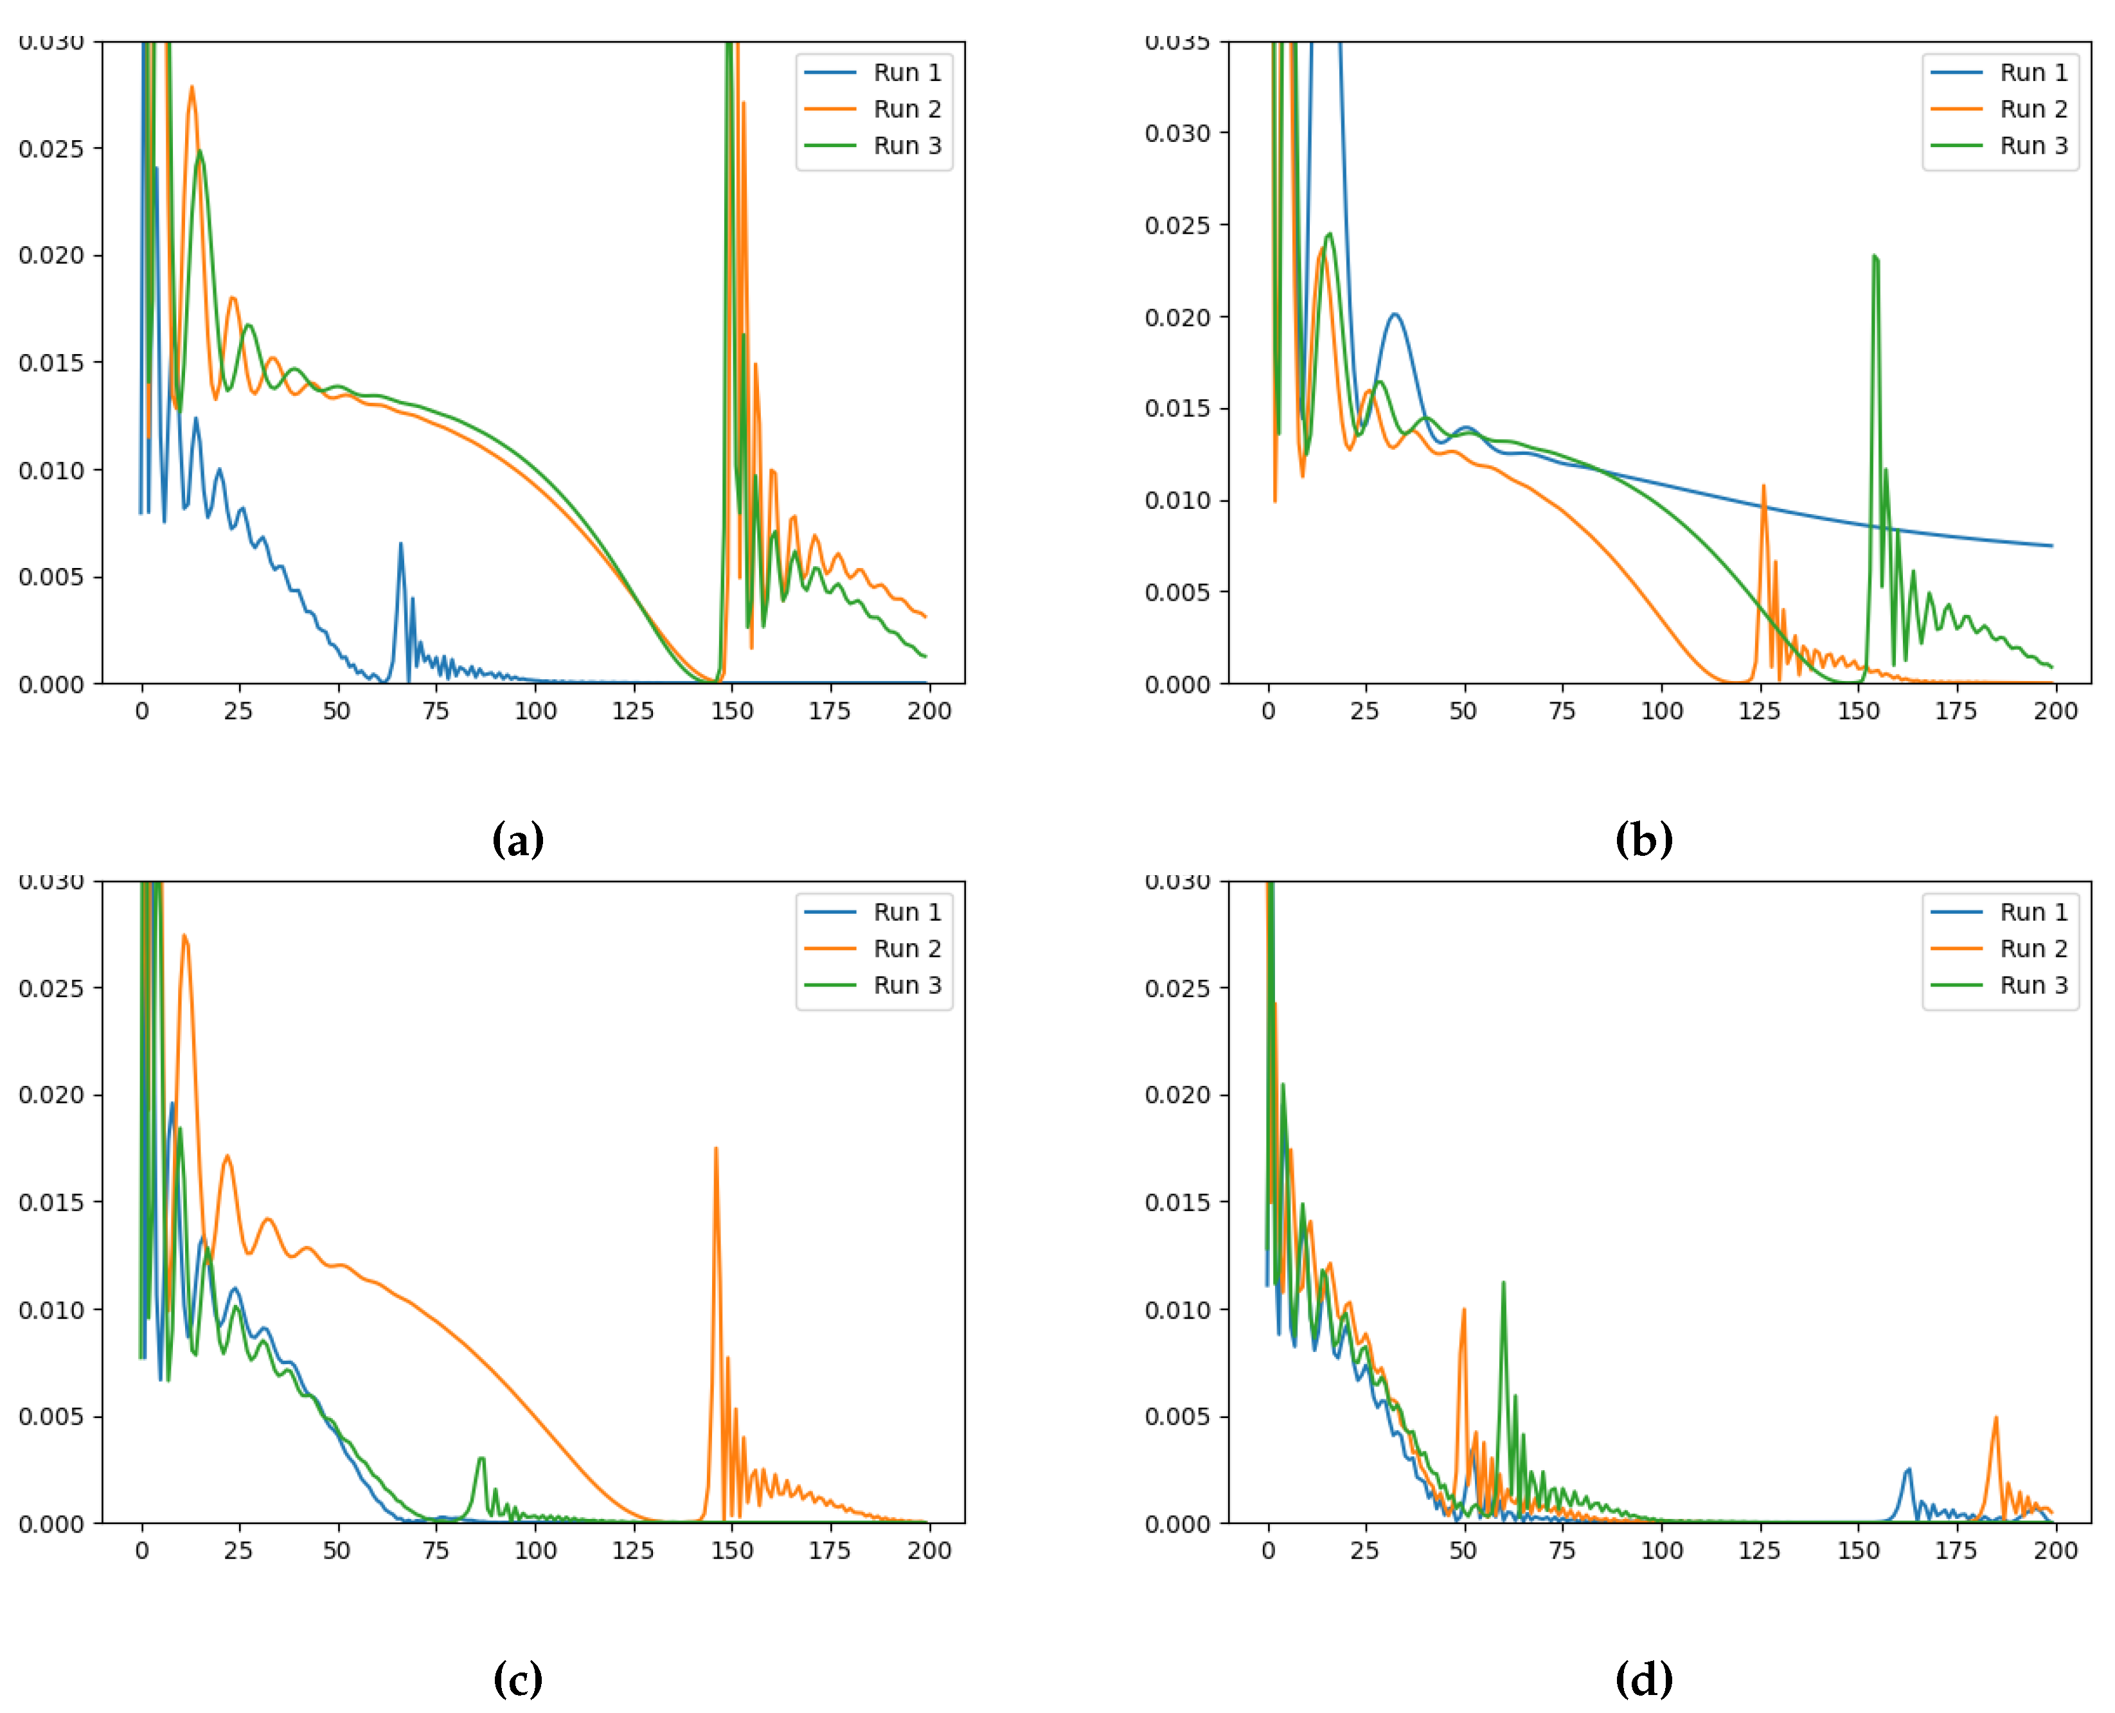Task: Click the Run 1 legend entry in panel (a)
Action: (906, 72)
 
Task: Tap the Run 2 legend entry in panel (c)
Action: (906, 948)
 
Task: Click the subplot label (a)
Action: (517, 840)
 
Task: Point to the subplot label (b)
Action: (1643, 840)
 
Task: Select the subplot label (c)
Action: (517, 1678)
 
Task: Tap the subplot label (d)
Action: (1643, 1678)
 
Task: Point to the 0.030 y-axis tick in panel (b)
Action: (1177, 132)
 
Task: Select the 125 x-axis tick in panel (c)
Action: (632, 1550)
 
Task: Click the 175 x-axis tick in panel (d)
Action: (1955, 1550)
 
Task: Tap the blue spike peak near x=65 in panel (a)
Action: (400, 544)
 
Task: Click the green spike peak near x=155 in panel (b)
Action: (1873, 256)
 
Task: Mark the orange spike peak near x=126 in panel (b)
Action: (1763, 486)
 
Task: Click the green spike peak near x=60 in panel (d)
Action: (1503, 1283)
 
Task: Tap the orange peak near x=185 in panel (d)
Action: (1995, 1418)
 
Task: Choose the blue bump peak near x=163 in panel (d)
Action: (1909, 1469)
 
